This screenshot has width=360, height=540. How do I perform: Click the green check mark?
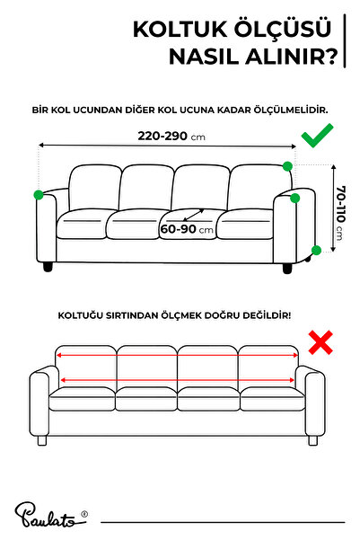coord(317,136)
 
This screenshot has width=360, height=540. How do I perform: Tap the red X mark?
coord(320,342)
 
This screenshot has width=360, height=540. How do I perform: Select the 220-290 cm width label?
coord(171,136)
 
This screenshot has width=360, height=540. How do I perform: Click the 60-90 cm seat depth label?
coord(187,229)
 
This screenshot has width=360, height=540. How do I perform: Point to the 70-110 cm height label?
coord(341,213)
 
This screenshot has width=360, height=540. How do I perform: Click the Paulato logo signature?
coord(51,515)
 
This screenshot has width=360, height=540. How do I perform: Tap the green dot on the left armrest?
coord(39,195)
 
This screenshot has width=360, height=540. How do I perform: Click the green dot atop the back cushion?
coord(287,166)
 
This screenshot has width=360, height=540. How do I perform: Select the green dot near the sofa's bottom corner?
coord(316,251)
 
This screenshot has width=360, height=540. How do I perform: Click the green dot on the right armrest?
coord(295,198)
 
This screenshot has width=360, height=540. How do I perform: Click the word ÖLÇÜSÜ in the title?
coord(283,30)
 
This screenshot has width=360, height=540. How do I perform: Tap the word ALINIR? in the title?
coord(291,57)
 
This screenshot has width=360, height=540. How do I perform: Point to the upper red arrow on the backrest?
coord(177,355)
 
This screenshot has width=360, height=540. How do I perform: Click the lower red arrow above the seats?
coord(177,380)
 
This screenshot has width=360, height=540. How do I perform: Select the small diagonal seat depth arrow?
coord(194,215)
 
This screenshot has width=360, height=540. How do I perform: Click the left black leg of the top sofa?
coord(48,267)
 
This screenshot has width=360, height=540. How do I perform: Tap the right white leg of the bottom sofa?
coord(312,440)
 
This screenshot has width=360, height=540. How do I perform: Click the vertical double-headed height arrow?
coord(333,208)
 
